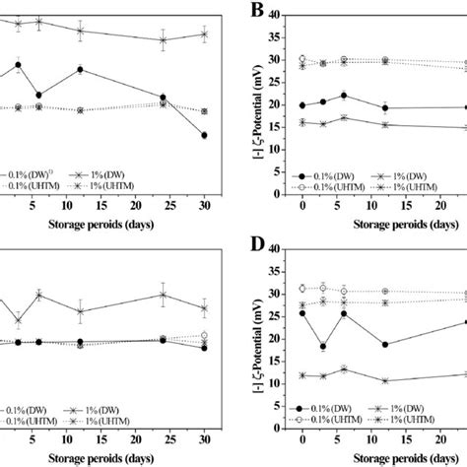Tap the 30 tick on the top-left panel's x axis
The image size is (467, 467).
coord(204,203)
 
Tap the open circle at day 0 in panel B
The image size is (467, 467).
coord(302,59)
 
